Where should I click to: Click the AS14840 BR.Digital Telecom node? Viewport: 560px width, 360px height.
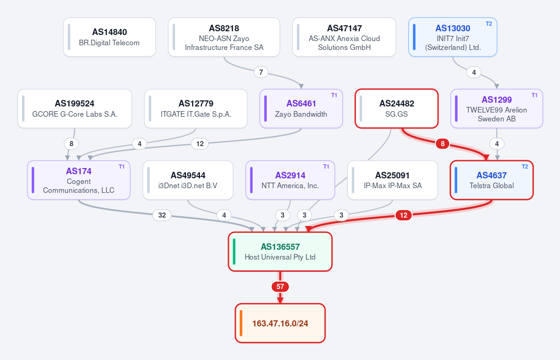[109, 37]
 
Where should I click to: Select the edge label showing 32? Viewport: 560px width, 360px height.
[162, 215]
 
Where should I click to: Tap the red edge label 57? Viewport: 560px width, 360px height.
[280, 286]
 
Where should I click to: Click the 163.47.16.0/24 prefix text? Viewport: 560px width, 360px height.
[280, 323]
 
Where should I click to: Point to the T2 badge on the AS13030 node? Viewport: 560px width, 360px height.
[489, 24]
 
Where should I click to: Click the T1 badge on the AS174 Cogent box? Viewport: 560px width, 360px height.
[121, 167]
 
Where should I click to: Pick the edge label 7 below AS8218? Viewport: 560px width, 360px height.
[261, 72]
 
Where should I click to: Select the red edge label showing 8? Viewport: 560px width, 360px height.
[442, 143]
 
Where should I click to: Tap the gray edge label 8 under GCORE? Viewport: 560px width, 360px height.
[71, 143]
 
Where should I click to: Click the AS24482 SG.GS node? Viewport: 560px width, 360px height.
[397, 109]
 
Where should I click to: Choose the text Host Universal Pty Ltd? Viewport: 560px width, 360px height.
[280, 257]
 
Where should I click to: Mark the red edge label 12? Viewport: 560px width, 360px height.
[403, 215]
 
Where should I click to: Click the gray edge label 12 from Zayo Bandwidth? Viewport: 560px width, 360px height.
[199, 143]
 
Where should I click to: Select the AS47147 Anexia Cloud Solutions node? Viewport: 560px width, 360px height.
[344, 37]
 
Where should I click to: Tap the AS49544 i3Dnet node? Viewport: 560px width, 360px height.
[188, 180]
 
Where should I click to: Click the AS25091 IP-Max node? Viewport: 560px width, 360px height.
[392, 180]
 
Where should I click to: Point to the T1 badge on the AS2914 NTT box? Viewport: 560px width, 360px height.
[326, 167]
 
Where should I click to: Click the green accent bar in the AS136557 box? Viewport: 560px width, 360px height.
[234, 252]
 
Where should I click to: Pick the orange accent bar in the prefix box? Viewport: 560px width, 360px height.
[241, 323]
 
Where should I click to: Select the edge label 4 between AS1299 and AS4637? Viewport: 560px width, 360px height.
[497, 143]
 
